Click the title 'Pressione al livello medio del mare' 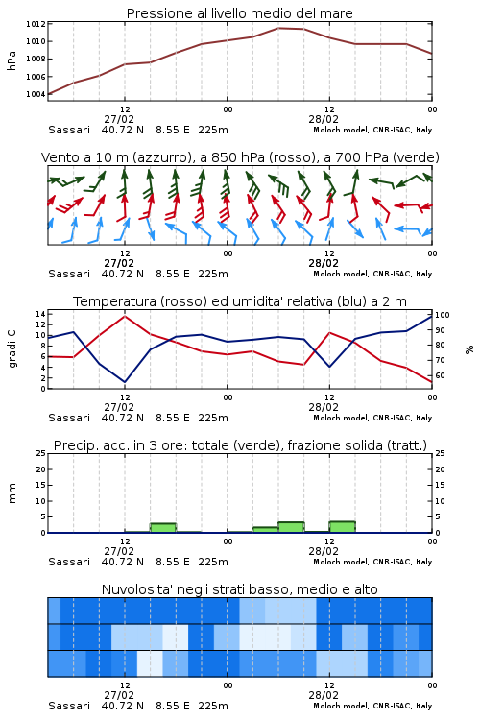tap(239, 13)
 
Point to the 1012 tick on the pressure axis tap(36, 24)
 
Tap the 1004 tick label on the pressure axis tap(36, 94)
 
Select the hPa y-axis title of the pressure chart tap(12, 60)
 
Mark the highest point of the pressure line tap(278, 28)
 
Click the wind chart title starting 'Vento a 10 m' tap(240, 157)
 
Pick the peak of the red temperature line tap(125, 316)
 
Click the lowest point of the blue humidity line tap(125, 382)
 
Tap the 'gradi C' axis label tap(12, 349)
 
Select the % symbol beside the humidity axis tap(469, 349)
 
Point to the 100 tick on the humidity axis tap(443, 315)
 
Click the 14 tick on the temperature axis tap(40, 314)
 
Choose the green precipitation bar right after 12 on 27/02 tap(163, 528)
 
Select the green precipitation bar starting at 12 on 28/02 tap(342, 527)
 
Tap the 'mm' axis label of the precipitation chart tap(12, 493)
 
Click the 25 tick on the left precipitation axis tap(40, 454)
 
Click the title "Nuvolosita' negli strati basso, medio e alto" tap(239, 589)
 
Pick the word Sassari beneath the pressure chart tap(69, 130)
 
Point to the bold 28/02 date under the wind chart tap(324, 264)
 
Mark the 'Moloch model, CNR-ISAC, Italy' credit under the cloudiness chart tap(372, 706)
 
